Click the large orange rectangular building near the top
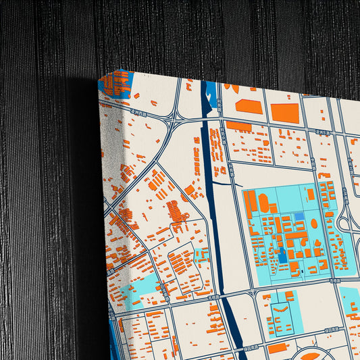[284, 112]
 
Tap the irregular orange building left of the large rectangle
[249, 107]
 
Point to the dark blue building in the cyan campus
[282, 256]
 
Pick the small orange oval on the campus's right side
[314, 223]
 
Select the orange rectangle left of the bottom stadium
[278, 349]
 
